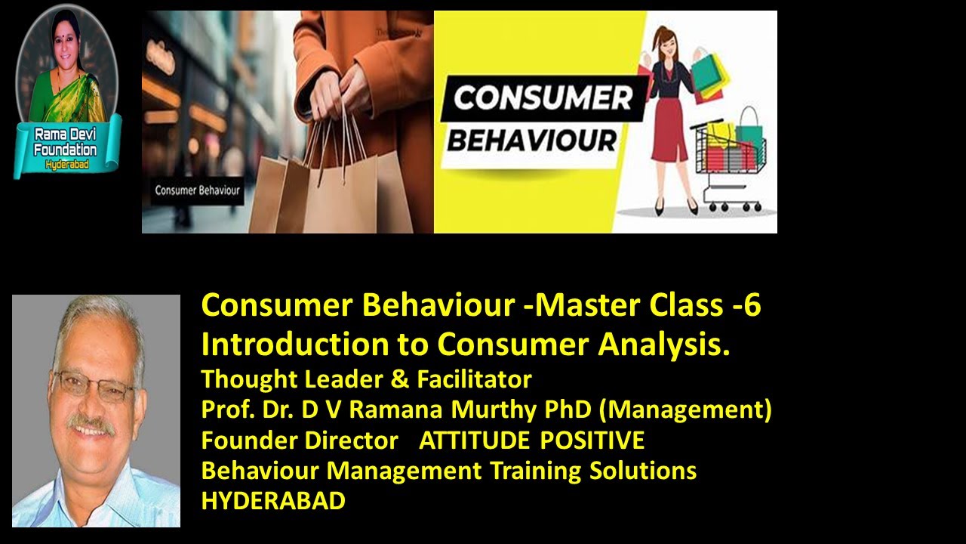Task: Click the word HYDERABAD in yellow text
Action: (273, 501)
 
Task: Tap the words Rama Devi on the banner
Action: (66, 134)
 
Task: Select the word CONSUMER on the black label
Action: (542, 99)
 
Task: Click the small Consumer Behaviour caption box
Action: (197, 190)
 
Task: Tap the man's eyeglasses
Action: (94, 387)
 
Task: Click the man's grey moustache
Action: (92, 423)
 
